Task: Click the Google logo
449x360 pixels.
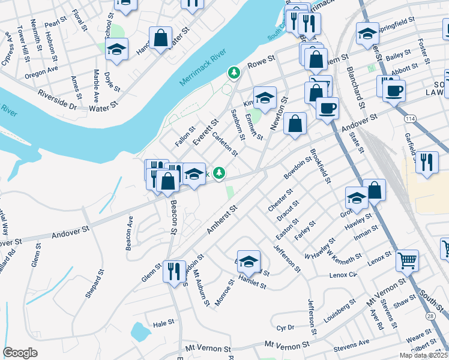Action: point(20,353)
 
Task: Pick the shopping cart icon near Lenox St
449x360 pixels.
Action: point(408,260)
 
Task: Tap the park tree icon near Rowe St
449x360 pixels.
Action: point(234,73)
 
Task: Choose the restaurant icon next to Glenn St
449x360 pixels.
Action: point(174,271)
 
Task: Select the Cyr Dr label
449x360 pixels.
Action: point(285,328)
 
